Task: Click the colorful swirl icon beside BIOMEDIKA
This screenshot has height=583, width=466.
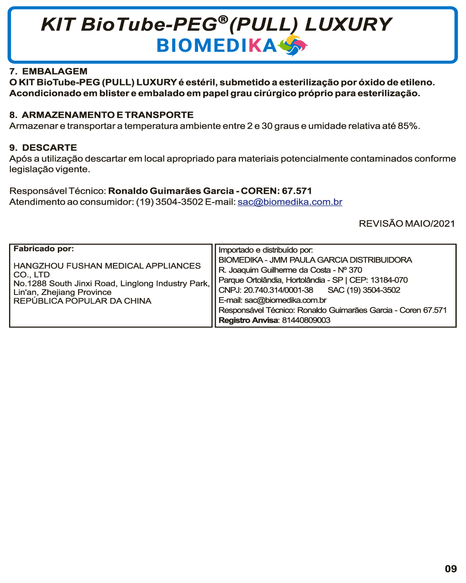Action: (x=293, y=45)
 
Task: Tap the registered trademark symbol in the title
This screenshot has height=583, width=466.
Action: (x=223, y=19)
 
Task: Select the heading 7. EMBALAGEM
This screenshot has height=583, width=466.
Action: (x=48, y=71)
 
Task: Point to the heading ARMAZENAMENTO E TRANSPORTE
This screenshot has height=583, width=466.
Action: (x=107, y=115)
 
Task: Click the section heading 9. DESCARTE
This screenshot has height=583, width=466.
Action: (x=43, y=148)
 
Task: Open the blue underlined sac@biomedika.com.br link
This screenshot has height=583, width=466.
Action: (x=290, y=202)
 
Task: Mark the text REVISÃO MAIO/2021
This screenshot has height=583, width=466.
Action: (x=406, y=224)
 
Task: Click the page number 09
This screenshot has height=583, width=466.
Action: (x=450, y=569)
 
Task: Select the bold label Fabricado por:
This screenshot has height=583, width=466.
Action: (x=44, y=249)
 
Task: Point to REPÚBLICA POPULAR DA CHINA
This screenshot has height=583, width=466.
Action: (x=82, y=301)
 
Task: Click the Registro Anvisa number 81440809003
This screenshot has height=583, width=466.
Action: (x=306, y=320)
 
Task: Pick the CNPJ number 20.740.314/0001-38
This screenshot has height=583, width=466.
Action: (x=278, y=290)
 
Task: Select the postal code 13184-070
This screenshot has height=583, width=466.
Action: (x=389, y=280)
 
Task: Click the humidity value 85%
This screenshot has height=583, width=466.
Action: (x=408, y=126)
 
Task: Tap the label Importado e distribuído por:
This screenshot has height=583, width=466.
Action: (x=265, y=250)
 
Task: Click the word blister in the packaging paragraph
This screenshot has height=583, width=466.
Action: (x=114, y=93)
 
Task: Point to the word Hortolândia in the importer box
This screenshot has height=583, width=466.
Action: (x=305, y=280)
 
